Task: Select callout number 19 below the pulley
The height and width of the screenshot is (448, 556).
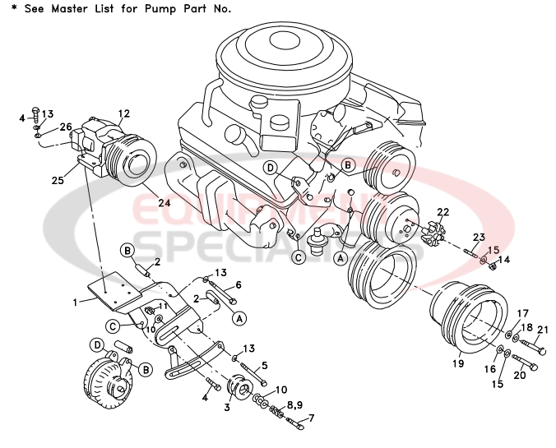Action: [458, 363]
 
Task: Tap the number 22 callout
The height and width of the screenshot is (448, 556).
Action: [443, 212]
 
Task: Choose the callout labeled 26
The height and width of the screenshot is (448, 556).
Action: [65, 127]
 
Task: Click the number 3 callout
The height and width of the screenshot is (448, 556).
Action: [227, 406]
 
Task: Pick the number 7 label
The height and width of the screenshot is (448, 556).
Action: [311, 418]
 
